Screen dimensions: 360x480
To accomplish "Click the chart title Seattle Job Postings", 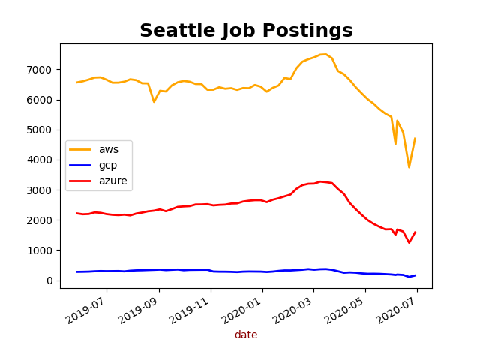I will pos(246,31).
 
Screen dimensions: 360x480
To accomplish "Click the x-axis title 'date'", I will pos(246,335).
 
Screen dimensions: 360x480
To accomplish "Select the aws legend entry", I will pos(109,149).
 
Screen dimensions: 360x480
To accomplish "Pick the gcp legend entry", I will pos(109,165).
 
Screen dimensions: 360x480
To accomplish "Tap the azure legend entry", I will pos(112,181).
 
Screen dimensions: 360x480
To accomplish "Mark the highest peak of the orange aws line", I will pos(324,54).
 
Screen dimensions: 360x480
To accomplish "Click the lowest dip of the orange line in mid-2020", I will pos(409,167).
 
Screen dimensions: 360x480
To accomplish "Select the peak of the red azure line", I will pos(320,181).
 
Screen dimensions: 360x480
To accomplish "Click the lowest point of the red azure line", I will pos(409,242).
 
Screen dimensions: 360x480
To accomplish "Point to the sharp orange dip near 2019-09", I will pos(154,102).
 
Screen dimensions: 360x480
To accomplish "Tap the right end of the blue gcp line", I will pos(415,275).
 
